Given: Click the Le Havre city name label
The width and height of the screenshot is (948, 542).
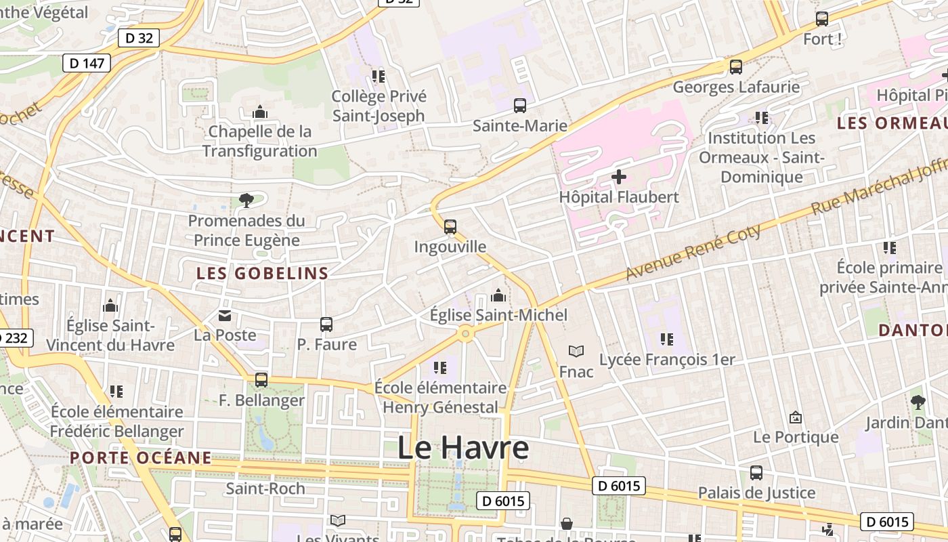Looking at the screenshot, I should [x=462, y=449].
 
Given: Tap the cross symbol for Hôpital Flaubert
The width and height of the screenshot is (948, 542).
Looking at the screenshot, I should [x=619, y=177].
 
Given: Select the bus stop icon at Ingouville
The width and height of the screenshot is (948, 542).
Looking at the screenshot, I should [x=450, y=227].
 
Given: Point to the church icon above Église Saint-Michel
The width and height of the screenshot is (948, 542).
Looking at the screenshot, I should [x=498, y=295].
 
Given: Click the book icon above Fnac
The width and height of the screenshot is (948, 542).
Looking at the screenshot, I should [x=576, y=351].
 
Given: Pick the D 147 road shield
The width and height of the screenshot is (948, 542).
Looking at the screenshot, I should [x=87, y=63].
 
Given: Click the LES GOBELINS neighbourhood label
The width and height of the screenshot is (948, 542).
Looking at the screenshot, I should [x=262, y=274].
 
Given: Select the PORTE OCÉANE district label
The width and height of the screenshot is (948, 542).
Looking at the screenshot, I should [x=141, y=457].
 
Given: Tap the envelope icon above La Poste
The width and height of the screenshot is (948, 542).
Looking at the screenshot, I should [x=225, y=315].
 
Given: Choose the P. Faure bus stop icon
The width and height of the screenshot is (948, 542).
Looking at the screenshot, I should [x=326, y=325].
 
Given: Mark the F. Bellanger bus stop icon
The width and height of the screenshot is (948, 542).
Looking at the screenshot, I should [x=261, y=380].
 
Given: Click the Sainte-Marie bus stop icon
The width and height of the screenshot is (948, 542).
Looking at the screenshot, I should [x=520, y=106].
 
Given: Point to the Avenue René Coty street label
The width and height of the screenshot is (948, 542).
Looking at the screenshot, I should [x=693, y=251].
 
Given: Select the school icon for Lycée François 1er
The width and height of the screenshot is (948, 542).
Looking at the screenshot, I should [x=667, y=339].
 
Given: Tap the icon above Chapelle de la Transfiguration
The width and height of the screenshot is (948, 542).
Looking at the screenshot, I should [x=259, y=112].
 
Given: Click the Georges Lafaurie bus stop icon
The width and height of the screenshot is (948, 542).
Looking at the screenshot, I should [x=736, y=67].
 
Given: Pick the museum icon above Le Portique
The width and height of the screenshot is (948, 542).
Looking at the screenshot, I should [x=796, y=417].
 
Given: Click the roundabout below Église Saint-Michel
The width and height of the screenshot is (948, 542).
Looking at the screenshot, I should [x=465, y=333].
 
